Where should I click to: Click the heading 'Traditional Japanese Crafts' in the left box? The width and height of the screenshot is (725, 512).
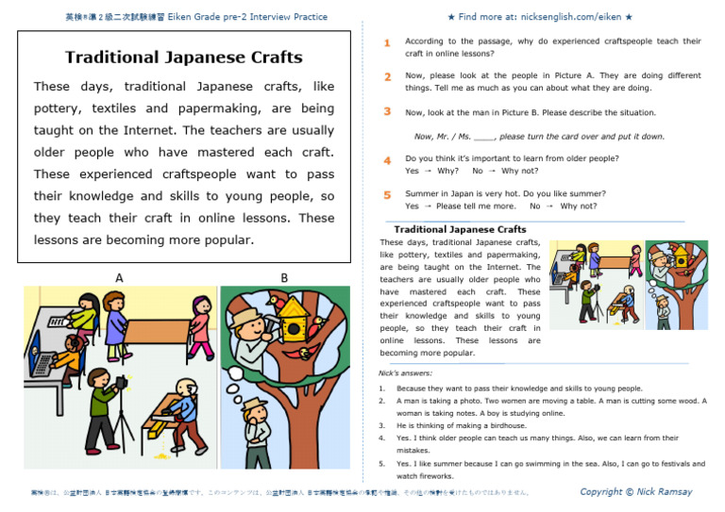pos(183,58)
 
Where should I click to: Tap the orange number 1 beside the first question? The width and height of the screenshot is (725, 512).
pos(387,43)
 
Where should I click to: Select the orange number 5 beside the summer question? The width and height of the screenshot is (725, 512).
pos(387,195)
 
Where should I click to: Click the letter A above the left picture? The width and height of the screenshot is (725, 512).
pos(119,278)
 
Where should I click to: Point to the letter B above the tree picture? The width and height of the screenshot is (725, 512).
pos(284,278)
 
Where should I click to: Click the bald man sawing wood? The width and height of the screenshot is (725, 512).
pos(178,388)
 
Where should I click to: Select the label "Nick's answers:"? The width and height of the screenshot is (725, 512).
pos(406,373)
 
